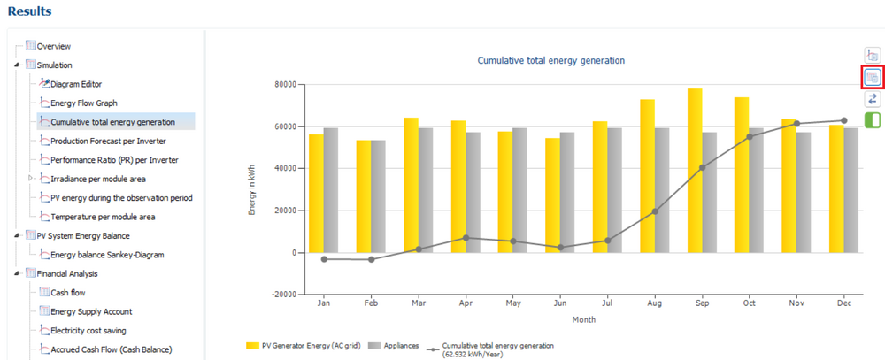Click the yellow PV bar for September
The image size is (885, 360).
694,171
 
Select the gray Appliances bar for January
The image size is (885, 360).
331,190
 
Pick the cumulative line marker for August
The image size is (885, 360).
654,211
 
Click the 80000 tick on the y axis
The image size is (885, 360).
286,85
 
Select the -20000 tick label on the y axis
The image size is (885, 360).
284,295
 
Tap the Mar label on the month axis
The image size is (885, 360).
419,303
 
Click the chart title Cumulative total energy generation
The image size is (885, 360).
551,60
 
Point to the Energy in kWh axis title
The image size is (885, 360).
252,190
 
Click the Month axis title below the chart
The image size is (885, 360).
583,319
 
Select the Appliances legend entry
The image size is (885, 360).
395,345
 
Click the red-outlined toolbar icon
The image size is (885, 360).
872,77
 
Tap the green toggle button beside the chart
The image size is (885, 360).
872,119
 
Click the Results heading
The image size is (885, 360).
30,11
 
